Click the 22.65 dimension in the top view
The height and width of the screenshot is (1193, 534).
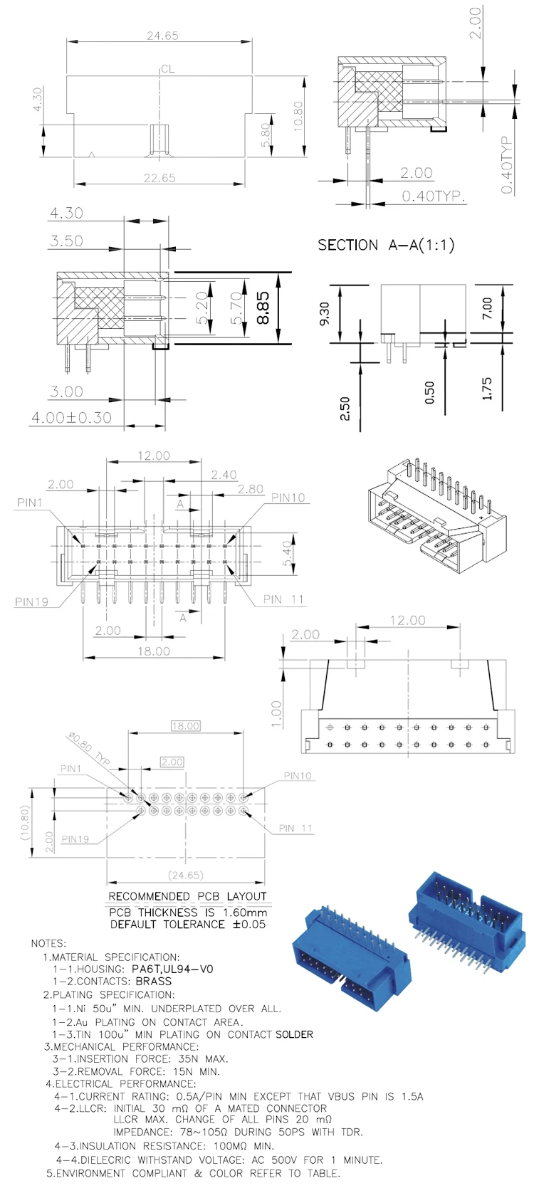159,178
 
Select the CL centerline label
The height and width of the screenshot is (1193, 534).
167,69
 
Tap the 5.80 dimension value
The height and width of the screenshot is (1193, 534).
266,135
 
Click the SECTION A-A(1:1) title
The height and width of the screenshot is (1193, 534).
385,245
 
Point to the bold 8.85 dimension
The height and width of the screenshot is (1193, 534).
263,308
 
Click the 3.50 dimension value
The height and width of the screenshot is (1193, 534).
66,241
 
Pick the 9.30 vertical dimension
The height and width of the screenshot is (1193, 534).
325,313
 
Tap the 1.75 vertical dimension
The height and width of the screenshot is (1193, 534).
487,389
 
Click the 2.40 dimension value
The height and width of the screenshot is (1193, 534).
224,475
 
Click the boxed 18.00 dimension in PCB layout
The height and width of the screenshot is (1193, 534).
185,726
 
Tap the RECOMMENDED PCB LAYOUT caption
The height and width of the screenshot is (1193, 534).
187,896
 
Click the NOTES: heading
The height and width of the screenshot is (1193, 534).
48,943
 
